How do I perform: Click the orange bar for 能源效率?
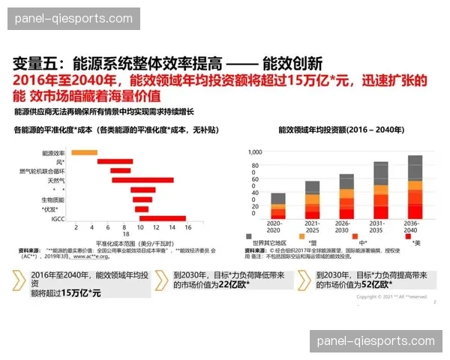pos(84,153)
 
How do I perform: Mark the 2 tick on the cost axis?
pos(78,226)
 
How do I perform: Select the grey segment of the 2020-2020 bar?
pos(278,198)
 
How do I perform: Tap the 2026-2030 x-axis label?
pos(346,226)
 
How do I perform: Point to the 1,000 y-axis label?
pos(255,151)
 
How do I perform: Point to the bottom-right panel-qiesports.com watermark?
pos(376,341)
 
